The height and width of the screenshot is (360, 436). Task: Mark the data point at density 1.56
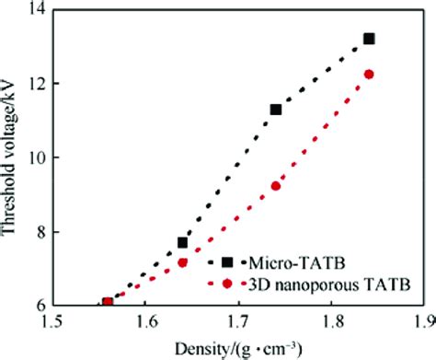(x=108, y=302)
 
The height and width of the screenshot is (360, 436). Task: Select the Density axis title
(x=237, y=348)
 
